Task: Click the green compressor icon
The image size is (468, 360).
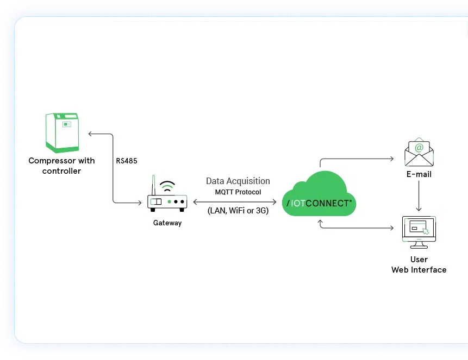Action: (62, 132)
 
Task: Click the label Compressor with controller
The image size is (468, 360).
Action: (61, 166)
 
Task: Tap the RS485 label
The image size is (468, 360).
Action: (127, 161)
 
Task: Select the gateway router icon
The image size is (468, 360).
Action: (167, 201)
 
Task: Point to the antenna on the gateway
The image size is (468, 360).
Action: (154, 185)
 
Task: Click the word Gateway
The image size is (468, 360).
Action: (167, 223)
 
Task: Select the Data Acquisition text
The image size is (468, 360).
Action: (238, 181)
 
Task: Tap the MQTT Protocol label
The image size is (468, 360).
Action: (238, 192)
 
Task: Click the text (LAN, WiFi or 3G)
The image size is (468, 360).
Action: (238, 211)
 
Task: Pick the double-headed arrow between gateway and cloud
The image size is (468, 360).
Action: (235, 201)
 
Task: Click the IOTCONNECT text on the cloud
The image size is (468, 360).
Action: (320, 203)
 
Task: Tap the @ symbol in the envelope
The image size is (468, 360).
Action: (419, 147)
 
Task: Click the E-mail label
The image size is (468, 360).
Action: (419, 174)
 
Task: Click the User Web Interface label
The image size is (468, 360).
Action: (419, 264)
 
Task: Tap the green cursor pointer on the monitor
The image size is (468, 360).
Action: (426, 232)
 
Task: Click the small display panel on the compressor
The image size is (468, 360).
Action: (67, 124)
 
